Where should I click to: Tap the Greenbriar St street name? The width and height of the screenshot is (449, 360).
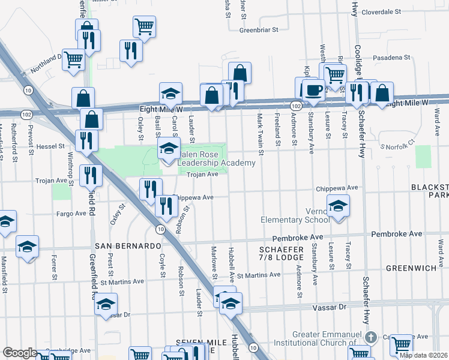259,29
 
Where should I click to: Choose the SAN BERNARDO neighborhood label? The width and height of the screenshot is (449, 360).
127,246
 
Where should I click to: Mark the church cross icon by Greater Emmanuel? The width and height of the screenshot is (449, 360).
372,337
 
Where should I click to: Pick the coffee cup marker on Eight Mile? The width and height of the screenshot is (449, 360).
312,91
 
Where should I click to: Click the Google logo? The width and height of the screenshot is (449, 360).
20,353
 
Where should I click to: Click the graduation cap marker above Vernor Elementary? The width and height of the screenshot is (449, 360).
339,206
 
